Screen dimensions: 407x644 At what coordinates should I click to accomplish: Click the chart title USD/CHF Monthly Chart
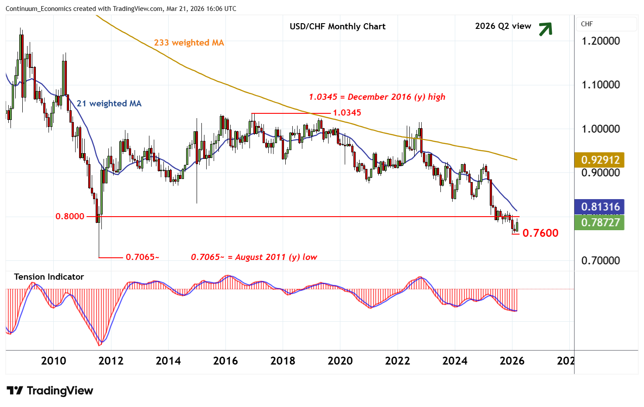[337, 26]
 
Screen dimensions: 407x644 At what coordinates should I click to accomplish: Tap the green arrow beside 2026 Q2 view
[545, 29]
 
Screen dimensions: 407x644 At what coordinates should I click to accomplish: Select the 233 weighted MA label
[189, 42]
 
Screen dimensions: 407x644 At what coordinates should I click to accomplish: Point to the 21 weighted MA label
[109, 103]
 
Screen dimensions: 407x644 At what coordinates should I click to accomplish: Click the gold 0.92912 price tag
[600, 160]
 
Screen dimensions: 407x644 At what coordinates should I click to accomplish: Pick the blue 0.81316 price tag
[600, 207]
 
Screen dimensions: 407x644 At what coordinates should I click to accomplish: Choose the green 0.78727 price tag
[600, 222]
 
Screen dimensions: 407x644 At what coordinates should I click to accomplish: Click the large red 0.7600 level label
[540, 233]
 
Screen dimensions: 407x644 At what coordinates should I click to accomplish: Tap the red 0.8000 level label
[70, 216]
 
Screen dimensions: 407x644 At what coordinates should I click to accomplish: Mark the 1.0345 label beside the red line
[347, 112]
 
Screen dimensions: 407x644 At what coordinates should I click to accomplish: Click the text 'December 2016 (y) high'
[396, 97]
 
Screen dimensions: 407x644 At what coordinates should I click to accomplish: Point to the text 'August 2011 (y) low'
[276, 257]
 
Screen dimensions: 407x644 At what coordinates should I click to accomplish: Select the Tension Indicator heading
[49, 277]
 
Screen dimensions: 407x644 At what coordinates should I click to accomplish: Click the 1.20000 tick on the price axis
[600, 41]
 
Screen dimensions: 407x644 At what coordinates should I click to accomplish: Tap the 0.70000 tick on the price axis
[600, 261]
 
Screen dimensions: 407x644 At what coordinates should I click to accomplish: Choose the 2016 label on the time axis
[225, 361]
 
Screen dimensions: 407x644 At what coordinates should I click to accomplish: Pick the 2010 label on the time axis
[53, 361]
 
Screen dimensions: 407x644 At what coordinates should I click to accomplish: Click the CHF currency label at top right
[587, 24]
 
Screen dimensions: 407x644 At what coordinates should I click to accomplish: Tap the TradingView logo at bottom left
[50, 390]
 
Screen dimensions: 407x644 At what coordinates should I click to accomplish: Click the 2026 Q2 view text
[503, 26]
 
